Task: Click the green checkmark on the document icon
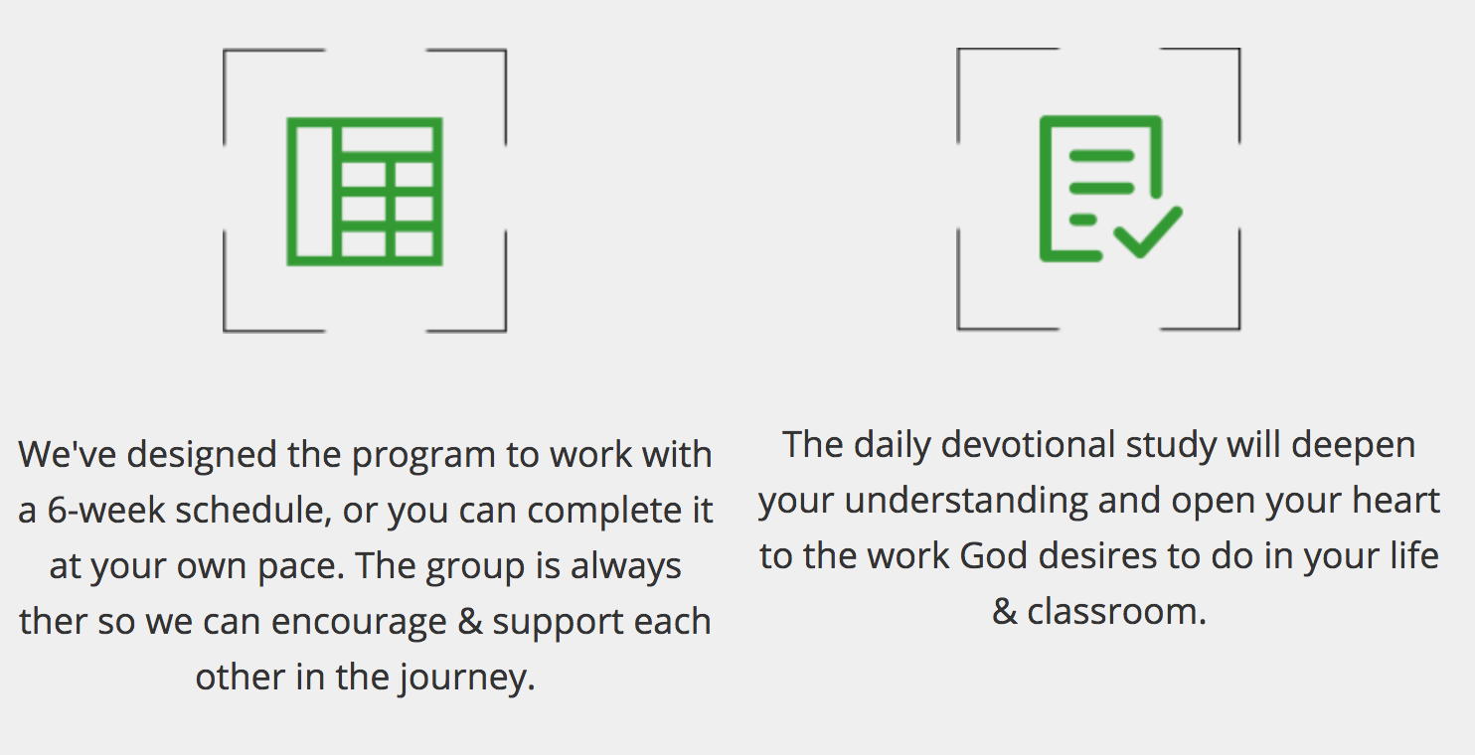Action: pos(1148,232)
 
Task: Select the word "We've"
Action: pos(67,454)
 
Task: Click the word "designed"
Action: pos(202,454)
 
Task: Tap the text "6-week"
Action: pos(106,511)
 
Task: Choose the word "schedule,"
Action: pos(253,511)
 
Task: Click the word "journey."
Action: pos(467,678)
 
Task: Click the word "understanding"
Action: pos(965,502)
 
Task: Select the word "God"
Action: pos(993,555)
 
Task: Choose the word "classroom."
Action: pos(1117,612)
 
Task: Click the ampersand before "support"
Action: pos(470,621)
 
